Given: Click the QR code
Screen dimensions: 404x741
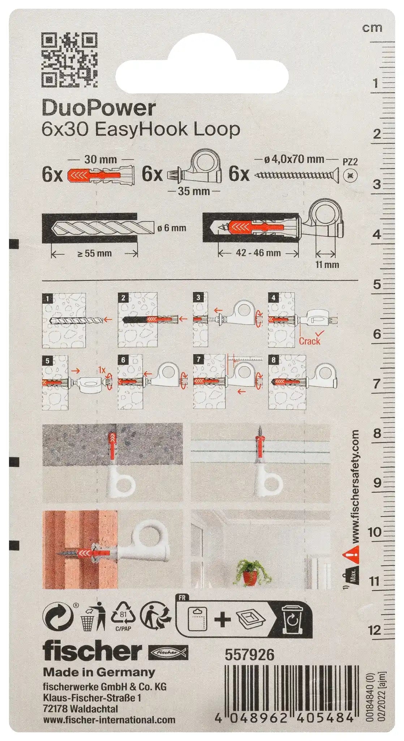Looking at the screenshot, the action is tap(70, 60).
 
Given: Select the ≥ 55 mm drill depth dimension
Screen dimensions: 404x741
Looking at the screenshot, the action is tap(94, 253).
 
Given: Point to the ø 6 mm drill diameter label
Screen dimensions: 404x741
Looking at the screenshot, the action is tap(172, 228).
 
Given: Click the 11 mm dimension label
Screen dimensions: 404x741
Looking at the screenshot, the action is tap(327, 264).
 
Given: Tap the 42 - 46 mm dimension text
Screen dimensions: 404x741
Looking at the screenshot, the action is tap(258, 253).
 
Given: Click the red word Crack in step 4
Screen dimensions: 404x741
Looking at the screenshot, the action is tap(309, 340).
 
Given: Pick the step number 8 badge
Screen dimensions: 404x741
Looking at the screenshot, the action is tap(273, 360).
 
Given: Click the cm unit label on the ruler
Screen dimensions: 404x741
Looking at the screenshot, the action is tap(372, 28).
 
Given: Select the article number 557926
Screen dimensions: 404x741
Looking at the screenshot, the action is tap(250, 655).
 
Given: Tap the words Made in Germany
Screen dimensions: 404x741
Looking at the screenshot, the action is tap(99, 672).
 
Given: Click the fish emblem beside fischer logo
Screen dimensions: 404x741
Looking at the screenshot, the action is tap(168, 652).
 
